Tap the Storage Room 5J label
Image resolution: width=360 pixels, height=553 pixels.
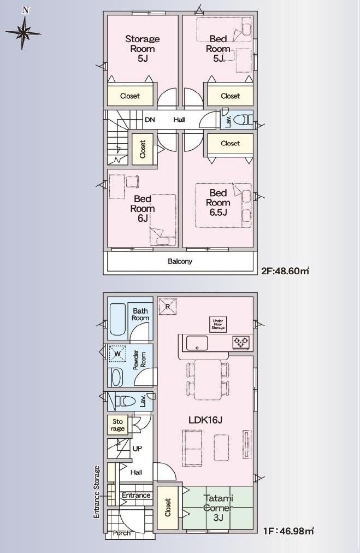pos(143,49)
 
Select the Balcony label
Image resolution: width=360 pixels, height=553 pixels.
pos(180,261)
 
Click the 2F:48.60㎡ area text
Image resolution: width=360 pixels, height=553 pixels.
pos(285,271)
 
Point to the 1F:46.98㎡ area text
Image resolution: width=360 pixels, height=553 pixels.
pos(288,530)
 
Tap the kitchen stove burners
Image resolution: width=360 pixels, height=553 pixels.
pos(241,342)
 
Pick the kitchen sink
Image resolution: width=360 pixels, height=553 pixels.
pos(197,343)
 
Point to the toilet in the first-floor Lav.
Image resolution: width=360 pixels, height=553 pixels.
pos(125,401)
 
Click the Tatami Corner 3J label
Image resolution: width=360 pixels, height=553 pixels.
pos(219,508)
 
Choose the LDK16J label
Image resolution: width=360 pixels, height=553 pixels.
pos(205,420)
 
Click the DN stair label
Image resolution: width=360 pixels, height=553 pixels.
pos(150,120)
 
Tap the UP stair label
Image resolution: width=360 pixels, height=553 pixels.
pos(137,449)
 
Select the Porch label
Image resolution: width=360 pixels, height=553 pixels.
pos(121,533)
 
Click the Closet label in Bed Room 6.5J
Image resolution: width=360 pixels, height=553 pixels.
pos(230,143)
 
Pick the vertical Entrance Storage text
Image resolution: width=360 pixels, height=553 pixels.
pos(97,492)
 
